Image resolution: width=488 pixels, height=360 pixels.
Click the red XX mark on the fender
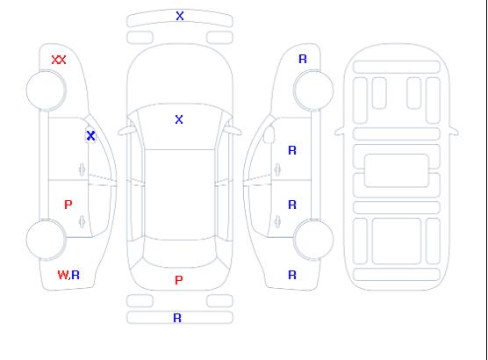point(59,60)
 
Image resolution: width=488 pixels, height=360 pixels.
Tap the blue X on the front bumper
point(180,16)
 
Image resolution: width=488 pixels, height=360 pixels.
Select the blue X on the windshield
point(179,119)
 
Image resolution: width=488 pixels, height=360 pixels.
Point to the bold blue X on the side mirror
point(90,135)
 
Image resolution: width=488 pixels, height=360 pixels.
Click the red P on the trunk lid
point(179,280)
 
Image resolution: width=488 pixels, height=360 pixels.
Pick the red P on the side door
point(68,205)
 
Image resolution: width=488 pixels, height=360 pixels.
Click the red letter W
point(63,275)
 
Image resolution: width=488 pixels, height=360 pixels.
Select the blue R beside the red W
point(75,275)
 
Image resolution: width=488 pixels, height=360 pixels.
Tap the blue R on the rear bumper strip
point(177,318)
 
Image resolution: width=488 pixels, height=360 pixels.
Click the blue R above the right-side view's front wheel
point(303,59)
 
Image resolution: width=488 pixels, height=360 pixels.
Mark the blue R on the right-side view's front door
point(292,150)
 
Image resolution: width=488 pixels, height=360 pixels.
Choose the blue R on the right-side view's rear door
point(292,205)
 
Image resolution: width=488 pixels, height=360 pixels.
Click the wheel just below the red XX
point(46,90)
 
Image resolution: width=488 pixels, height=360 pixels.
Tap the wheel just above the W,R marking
point(46,240)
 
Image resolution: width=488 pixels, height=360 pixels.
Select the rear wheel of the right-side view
point(313,240)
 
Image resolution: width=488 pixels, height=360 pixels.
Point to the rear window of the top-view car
point(180,253)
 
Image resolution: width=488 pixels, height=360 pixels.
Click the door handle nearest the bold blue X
point(82,169)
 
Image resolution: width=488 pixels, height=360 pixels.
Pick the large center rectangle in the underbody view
point(397,170)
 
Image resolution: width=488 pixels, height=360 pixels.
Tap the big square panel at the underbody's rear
point(397,241)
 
